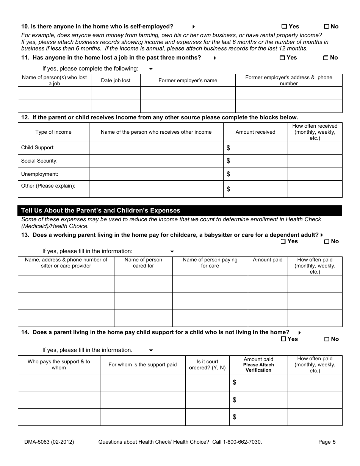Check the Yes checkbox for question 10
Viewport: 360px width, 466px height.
284,27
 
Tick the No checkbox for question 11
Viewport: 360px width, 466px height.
326,58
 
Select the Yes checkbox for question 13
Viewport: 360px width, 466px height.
283,242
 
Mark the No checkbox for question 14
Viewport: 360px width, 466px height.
327,339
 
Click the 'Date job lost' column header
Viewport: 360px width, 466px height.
116,81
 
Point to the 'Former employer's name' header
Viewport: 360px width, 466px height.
188,81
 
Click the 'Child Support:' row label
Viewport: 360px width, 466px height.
38,148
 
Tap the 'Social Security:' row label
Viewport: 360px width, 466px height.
39,161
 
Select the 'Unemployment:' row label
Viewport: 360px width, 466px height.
39,174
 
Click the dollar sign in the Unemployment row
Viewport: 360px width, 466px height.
228,174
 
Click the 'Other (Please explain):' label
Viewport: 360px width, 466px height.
48,186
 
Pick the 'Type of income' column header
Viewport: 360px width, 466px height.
53,132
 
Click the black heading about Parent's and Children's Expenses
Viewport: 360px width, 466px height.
101,211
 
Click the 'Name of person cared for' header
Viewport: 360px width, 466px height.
143,263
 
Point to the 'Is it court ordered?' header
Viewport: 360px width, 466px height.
207,365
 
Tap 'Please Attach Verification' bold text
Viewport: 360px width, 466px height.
258,367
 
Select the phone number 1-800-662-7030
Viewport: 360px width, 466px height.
242,442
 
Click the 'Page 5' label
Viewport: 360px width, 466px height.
327,442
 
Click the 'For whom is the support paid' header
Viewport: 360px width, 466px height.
142,365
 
